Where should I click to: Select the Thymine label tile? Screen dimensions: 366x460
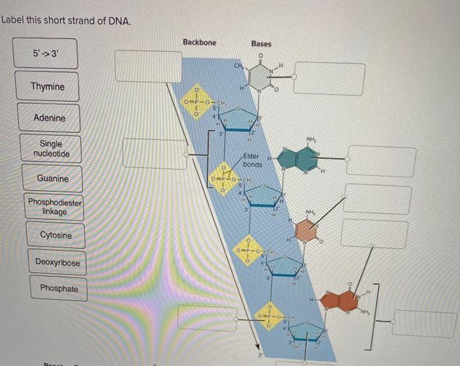[48, 87]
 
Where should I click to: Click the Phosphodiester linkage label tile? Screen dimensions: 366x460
[55, 207]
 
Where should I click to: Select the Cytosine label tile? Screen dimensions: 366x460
[56, 235]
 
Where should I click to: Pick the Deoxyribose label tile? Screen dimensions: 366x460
[58, 263]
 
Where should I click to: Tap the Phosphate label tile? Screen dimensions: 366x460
[58, 288]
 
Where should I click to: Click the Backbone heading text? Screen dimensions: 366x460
[199, 42]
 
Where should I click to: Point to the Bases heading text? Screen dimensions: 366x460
[261, 43]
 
